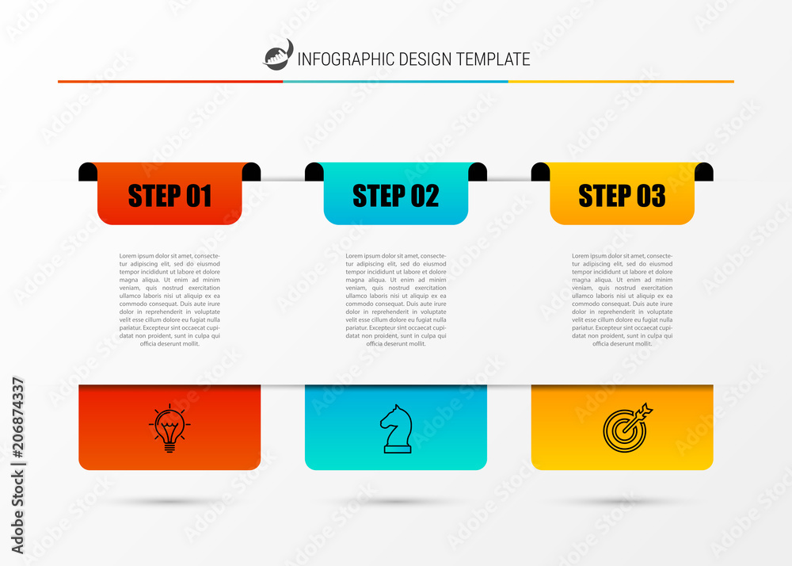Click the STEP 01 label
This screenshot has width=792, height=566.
[169, 196]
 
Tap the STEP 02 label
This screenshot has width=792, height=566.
[395, 196]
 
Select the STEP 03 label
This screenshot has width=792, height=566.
[622, 196]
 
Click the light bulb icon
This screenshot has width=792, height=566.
[169, 428]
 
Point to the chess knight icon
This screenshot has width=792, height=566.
[396, 429]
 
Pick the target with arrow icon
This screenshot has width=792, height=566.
[626, 428]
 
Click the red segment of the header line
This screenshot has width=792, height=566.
[170, 81]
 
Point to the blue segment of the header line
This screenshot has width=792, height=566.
[395, 81]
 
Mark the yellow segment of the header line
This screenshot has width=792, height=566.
[621, 81]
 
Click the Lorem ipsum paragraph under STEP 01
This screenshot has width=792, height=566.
[169, 300]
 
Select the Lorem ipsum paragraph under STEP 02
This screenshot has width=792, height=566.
[396, 300]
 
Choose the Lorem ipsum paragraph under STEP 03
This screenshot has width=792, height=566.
[623, 300]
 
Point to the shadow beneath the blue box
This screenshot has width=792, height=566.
[396, 502]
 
